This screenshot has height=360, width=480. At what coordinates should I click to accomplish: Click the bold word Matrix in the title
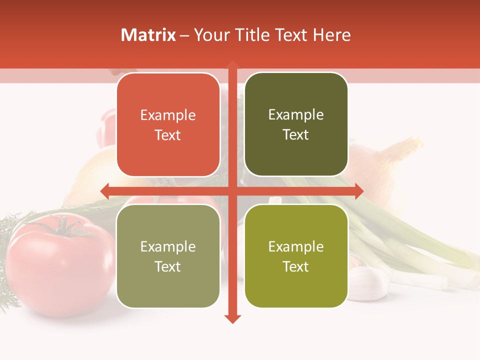click(148, 35)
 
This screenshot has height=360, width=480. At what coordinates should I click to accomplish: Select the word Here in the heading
click(331, 35)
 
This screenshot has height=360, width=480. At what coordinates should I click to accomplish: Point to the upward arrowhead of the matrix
click(232, 64)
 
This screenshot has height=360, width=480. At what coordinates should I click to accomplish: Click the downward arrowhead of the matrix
click(232, 318)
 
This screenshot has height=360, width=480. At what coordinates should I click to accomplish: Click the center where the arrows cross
click(232, 190)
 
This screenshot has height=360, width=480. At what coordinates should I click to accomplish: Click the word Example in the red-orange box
click(168, 115)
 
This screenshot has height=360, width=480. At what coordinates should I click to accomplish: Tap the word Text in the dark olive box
click(296, 135)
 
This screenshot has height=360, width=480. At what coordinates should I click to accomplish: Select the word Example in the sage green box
click(168, 247)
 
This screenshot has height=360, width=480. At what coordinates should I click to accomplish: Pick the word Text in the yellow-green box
click(296, 267)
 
